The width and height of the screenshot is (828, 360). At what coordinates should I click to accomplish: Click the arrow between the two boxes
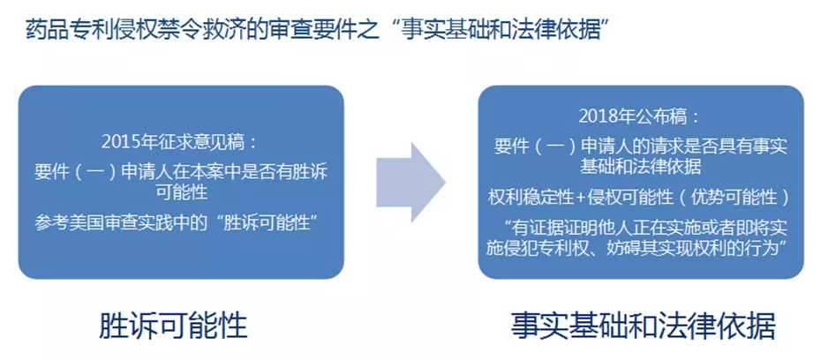(410, 182)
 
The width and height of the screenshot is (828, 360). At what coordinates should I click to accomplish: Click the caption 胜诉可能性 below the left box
(173, 326)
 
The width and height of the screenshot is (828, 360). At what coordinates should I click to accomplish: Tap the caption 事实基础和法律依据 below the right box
(644, 326)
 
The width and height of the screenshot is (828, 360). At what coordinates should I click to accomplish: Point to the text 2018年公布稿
(633, 117)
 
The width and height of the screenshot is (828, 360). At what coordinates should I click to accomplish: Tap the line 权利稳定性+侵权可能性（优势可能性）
(641, 197)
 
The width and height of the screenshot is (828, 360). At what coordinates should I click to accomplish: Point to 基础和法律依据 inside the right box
(641, 168)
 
